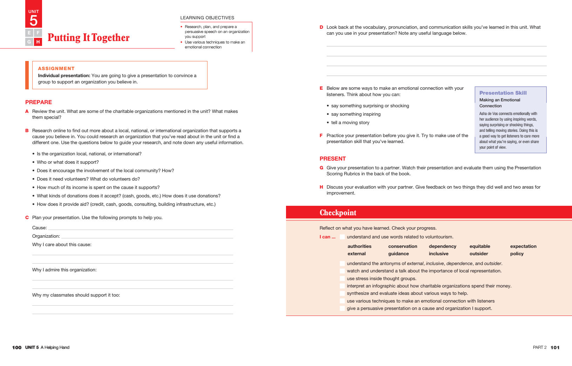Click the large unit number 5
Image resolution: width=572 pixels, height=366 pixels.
coord(34,21)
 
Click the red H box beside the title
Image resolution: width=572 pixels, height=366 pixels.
coord(38,42)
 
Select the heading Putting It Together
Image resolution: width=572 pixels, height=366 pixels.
coord(88,38)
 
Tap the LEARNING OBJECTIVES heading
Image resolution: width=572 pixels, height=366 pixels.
coord(207,18)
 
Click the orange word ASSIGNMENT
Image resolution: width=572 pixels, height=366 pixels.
coord(56,68)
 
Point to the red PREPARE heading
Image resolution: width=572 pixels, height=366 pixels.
coord(39,102)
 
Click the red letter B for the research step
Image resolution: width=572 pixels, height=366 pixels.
coord(27,130)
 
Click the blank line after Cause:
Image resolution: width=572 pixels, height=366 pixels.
coord(140,228)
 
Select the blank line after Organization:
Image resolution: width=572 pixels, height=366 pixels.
coord(147,237)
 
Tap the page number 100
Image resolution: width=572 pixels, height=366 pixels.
coord(17,347)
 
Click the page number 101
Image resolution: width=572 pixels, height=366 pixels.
coord(555,347)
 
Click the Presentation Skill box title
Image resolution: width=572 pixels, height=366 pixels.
coord(503,93)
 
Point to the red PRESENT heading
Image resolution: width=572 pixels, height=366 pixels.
coord(333,158)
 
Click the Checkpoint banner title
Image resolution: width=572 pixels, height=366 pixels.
coord(338,213)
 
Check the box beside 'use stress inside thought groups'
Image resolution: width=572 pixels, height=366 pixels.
coord(342,279)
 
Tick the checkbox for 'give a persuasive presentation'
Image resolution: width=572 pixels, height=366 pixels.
coord(342,309)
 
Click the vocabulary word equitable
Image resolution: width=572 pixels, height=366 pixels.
coord(480,246)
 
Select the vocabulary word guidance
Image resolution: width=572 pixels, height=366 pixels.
coord(399,254)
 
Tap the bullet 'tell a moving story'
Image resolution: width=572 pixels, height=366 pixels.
coord(350,123)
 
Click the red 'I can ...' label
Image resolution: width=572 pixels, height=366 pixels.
coord(327,237)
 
